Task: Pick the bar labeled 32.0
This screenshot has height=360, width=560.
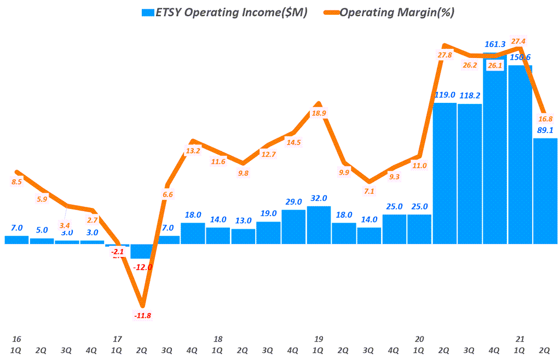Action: coord(319,225)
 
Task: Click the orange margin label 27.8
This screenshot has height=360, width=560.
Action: coord(444,55)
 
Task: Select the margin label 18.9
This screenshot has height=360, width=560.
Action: coord(319,113)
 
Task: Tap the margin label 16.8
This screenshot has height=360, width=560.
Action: coord(545,118)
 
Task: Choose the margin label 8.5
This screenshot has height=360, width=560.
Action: coord(16,182)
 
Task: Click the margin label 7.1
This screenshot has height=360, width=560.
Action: coord(369,191)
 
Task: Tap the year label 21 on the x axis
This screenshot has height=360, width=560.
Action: coord(520,339)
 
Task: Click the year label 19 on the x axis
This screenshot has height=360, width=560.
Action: coord(319,339)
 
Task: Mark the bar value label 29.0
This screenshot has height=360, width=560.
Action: coord(293,202)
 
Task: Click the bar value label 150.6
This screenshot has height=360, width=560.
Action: coord(520,57)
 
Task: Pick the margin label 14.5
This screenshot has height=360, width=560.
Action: coord(293,142)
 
